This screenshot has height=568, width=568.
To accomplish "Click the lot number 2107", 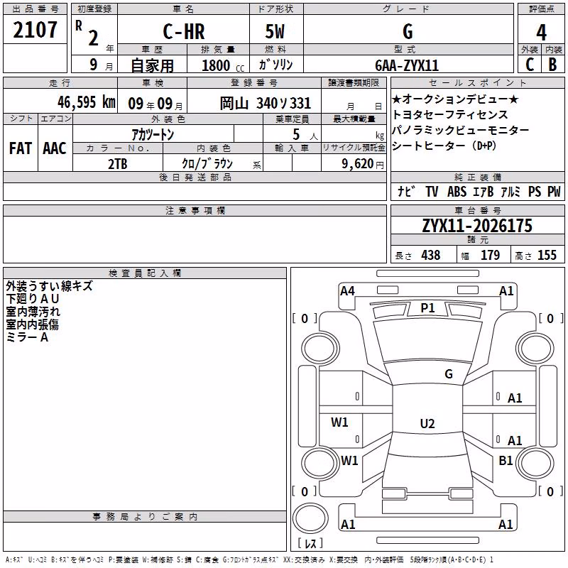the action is click(35, 30).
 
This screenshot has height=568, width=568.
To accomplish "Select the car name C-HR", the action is click(184, 31).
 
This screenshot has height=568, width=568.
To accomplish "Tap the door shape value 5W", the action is click(275, 31).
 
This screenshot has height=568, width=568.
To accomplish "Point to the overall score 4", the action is click(541, 32).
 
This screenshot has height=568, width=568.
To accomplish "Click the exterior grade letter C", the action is click(530, 65).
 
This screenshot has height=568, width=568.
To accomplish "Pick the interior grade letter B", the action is click(552, 65).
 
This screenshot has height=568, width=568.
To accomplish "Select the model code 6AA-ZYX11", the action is click(407, 65).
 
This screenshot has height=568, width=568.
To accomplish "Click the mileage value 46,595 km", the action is click(87, 102).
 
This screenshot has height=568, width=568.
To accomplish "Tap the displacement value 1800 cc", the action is click(223, 65).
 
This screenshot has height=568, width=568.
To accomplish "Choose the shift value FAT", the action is click(21, 148).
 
